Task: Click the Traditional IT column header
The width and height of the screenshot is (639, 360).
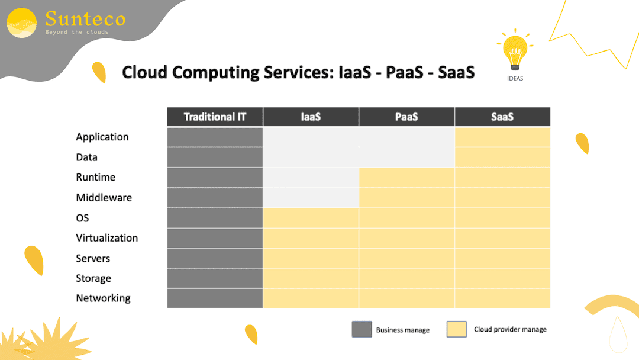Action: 215,117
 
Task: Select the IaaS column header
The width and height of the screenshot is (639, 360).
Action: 311,117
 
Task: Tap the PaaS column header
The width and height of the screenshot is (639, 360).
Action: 406,117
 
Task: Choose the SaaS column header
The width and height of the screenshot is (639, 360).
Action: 502,117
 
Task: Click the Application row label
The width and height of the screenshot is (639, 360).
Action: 102,137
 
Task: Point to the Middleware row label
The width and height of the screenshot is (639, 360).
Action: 104,198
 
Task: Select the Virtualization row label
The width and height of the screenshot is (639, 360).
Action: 107,238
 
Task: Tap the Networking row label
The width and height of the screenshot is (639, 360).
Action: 104,298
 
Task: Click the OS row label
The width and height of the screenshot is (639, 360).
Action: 82,218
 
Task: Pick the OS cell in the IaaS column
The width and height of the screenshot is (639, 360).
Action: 311,218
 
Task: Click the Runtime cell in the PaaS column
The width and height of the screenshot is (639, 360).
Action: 406,178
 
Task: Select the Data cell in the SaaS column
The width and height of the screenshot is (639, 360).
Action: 502,157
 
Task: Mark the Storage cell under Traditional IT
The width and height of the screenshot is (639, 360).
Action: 215,278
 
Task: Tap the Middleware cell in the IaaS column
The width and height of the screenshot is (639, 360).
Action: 311,198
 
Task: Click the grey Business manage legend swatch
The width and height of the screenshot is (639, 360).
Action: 362,329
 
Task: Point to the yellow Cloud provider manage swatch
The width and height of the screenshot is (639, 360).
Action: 457,329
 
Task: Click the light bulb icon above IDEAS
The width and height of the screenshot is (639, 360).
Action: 515,50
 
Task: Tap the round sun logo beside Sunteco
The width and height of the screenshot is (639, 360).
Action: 22,23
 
